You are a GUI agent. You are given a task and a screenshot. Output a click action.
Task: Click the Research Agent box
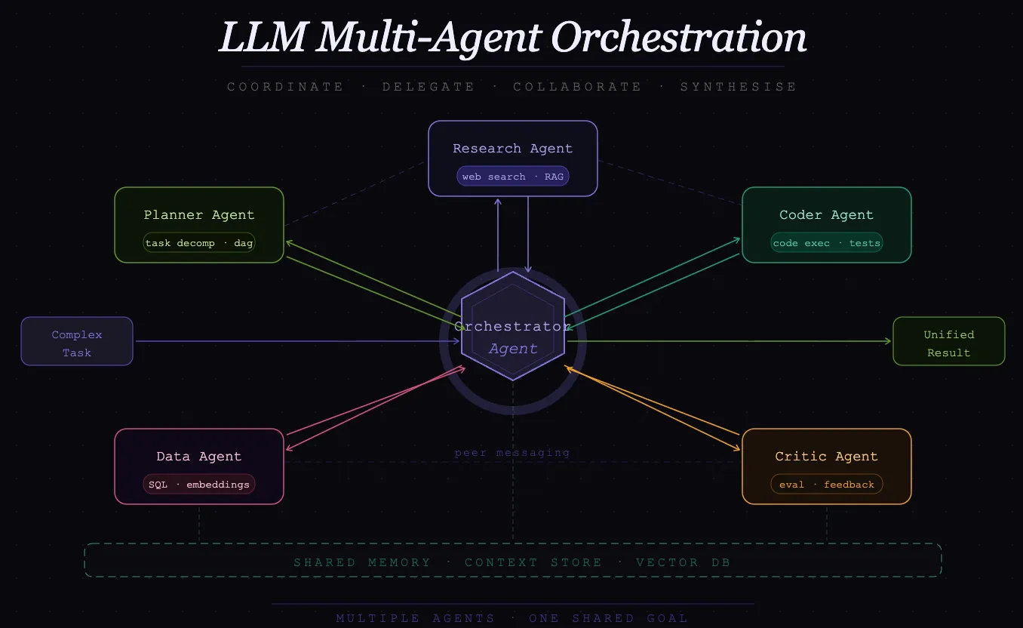pyautogui.click(x=512, y=149)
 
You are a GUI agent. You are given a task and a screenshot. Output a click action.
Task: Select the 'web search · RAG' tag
pyautogui.click(x=512, y=177)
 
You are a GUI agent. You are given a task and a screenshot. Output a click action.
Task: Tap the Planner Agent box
pyautogui.click(x=198, y=215)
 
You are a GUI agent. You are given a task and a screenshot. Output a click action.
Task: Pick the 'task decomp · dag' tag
pyautogui.click(x=199, y=243)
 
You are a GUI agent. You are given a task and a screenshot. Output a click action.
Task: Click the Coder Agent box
pyautogui.click(x=826, y=215)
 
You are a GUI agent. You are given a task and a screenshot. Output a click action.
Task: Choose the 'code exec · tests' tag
pyautogui.click(x=826, y=243)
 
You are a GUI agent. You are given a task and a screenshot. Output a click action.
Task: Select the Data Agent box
pyautogui.click(x=198, y=457)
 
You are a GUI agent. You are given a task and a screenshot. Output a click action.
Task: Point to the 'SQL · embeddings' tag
pyautogui.click(x=199, y=485)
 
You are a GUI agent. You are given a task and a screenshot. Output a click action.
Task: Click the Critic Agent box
pyautogui.click(x=826, y=457)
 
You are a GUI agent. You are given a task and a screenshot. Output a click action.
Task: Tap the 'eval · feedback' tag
pyautogui.click(x=826, y=485)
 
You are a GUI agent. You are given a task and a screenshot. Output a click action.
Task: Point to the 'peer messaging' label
pyautogui.click(x=512, y=453)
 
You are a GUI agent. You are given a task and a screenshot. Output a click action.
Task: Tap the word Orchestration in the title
pyautogui.click(x=678, y=38)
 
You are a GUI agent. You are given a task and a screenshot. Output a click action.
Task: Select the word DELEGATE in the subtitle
pyautogui.click(x=428, y=87)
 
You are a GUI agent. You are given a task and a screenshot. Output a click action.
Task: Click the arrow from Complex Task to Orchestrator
pyautogui.click(x=294, y=342)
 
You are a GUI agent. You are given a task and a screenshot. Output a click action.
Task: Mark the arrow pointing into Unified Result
pyautogui.click(x=754, y=341)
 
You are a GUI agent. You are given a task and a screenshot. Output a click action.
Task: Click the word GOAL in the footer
pyautogui.click(x=667, y=618)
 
